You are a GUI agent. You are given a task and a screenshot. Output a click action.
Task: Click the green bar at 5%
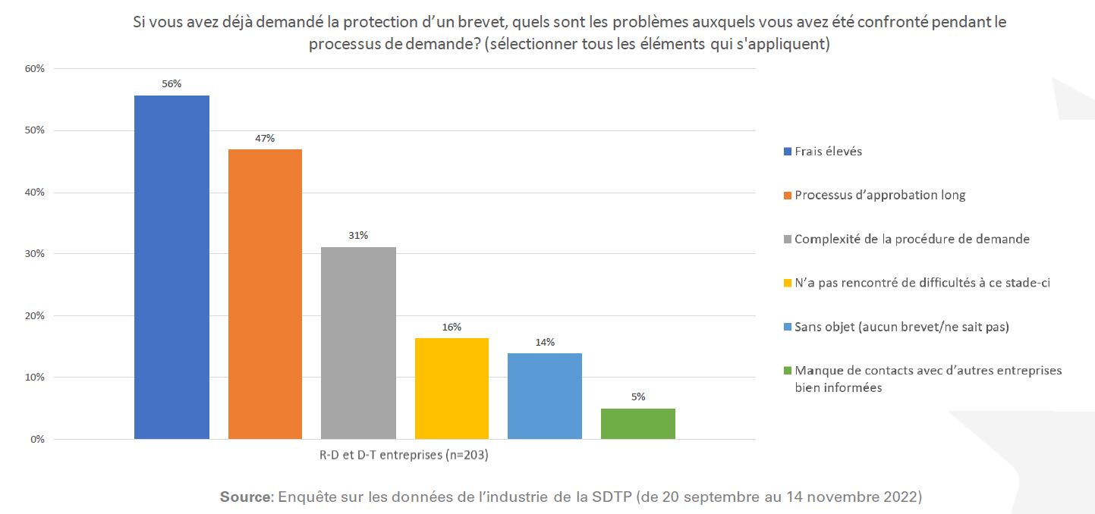(637, 423)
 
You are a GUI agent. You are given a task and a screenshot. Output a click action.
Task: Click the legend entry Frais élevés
(828, 151)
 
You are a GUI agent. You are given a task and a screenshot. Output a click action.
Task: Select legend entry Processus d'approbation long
(879, 195)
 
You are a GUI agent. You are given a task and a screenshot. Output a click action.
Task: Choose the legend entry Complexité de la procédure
(911, 239)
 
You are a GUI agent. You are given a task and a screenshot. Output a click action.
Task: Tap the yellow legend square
(788, 283)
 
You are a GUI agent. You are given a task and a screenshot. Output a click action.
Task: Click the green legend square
(788, 371)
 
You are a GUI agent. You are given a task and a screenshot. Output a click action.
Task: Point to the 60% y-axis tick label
(36, 68)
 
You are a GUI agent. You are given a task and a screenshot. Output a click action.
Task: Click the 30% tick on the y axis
(36, 253)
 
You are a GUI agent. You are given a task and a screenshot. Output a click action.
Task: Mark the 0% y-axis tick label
(39, 439)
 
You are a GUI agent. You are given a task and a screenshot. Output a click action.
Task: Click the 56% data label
(171, 83)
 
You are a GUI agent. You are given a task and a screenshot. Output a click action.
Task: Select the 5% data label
(637, 396)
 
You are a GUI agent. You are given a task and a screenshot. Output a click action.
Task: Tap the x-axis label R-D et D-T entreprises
(404, 456)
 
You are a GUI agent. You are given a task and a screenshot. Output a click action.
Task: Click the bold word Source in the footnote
(245, 497)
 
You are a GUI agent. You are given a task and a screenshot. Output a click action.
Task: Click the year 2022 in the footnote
(905, 497)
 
